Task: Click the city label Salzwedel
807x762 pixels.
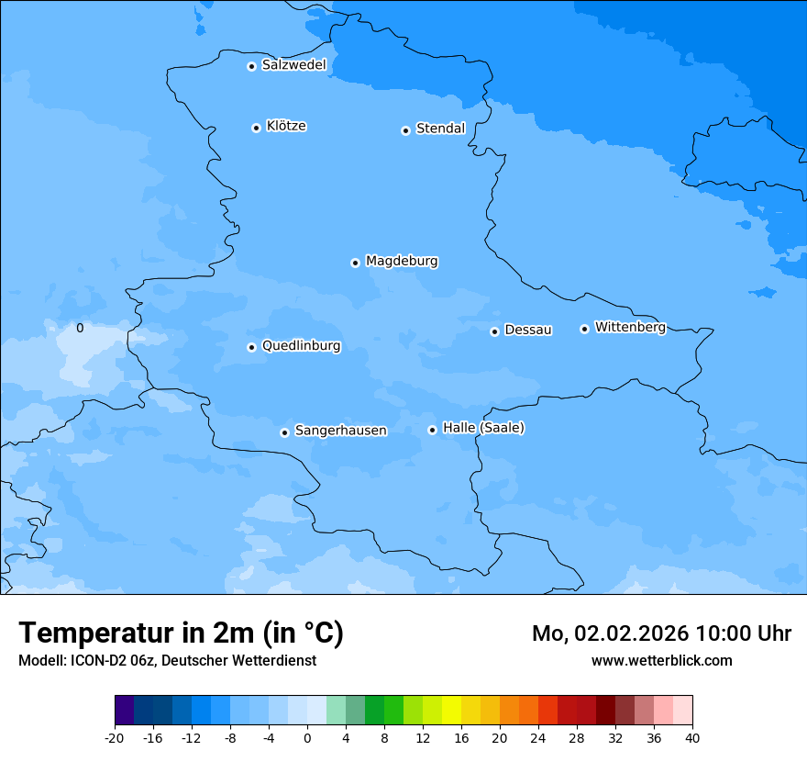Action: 293,65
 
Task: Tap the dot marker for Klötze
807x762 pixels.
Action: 256,128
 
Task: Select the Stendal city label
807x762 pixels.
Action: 440,129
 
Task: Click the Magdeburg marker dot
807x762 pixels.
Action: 355,263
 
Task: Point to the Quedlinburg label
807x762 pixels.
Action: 301,346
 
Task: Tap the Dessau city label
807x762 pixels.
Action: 528,330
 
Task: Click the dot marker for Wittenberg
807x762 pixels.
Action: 584,329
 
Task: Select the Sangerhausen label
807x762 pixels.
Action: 340,431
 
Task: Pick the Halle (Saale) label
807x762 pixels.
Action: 483,428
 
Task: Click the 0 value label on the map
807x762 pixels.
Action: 80,328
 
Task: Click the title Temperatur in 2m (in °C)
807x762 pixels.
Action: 181,633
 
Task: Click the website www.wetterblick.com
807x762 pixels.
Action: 661,660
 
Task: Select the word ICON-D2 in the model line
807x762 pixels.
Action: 99,660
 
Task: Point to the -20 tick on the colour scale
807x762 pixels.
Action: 114,737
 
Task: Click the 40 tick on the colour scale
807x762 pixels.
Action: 692,737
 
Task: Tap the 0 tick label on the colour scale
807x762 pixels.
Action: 307,737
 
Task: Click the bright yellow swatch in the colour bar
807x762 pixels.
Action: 451,711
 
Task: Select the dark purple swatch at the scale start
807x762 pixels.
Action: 124,711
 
